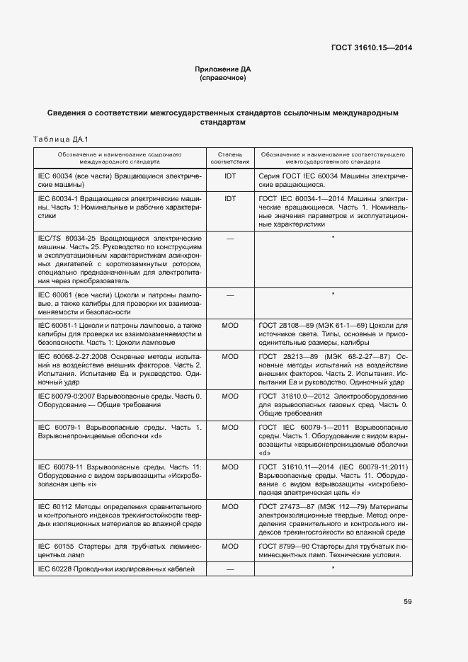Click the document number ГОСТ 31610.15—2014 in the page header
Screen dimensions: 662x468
tap(372, 48)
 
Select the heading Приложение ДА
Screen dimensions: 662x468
tap(223, 69)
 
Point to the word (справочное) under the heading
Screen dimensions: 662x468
tap(223, 78)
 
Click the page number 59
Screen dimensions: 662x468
tap(408, 602)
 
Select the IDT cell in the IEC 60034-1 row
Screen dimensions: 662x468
tap(229, 199)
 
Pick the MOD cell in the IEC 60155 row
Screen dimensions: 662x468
tap(229, 547)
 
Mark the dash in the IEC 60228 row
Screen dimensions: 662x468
tap(229, 569)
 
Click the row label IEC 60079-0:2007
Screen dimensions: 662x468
tap(72, 396)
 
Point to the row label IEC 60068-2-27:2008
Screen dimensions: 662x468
tap(78, 357)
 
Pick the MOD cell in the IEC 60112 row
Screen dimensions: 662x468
tap(229, 507)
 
